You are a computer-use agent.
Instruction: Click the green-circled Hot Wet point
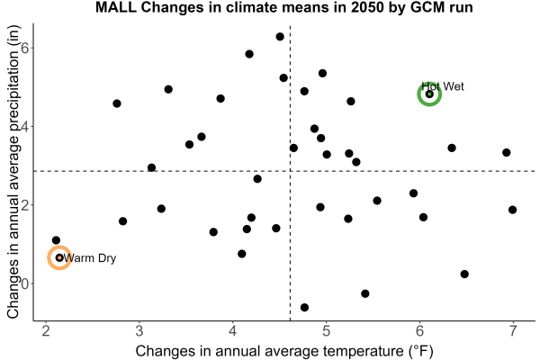click(429, 94)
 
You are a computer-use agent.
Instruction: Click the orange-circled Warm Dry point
click(59, 257)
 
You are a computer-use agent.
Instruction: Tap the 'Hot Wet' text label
click(443, 86)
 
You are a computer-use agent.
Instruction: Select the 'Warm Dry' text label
click(90, 258)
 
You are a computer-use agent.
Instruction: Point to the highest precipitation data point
click(280, 37)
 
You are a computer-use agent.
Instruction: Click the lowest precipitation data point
click(304, 307)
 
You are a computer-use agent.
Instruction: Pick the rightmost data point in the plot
click(512, 210)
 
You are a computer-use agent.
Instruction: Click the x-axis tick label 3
click(139, 330)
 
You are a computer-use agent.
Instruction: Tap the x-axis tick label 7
click(513, 330)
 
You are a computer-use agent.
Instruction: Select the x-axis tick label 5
click(326, 330)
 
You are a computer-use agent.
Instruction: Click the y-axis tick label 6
click(25, 48)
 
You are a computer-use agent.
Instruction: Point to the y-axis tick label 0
click(25, 283)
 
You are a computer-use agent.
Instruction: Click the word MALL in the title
click(116, 7)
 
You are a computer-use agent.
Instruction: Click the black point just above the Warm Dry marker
click(56, 240)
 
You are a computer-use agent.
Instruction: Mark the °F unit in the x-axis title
click(420, 351)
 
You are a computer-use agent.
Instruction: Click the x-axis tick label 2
click(46, 330)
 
